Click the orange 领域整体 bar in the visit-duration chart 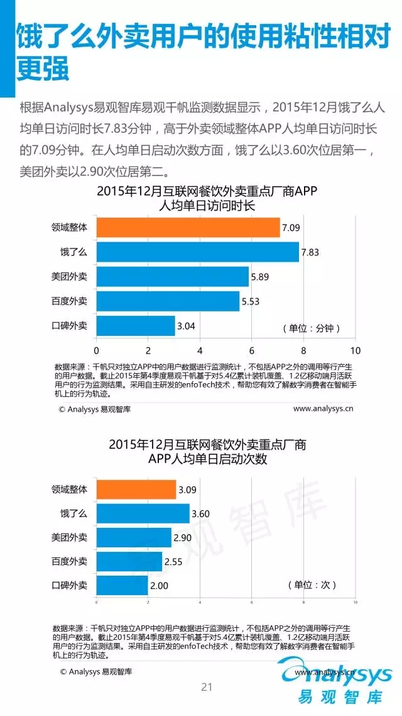pyautogui.click(x=188, y=228)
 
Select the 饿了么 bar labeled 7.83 pyautogui.click(x=197, y=252)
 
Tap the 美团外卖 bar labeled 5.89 pyautogui.click(x=172, y=277)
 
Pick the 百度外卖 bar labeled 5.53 pyautogui.click(x=168, y=301)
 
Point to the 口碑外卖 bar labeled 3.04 pyautogui.click(x=135, y=326)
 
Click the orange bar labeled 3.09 pyautogui.click(x=136, y=489)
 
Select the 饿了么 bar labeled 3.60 pyautogui.click(x=143, y=513)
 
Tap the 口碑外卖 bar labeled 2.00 pyautogui.click(x=122, y=586)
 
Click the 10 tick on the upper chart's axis pyautogui.click(x=356, y=350)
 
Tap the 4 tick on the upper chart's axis pyautogui.click(x=200, y=350)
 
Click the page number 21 pyautogui.click(x=207, y=687)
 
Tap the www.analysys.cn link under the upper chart pyautogui.click(x=323, y=408)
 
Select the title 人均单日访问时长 pyautogui.click(x=207, y=206)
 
